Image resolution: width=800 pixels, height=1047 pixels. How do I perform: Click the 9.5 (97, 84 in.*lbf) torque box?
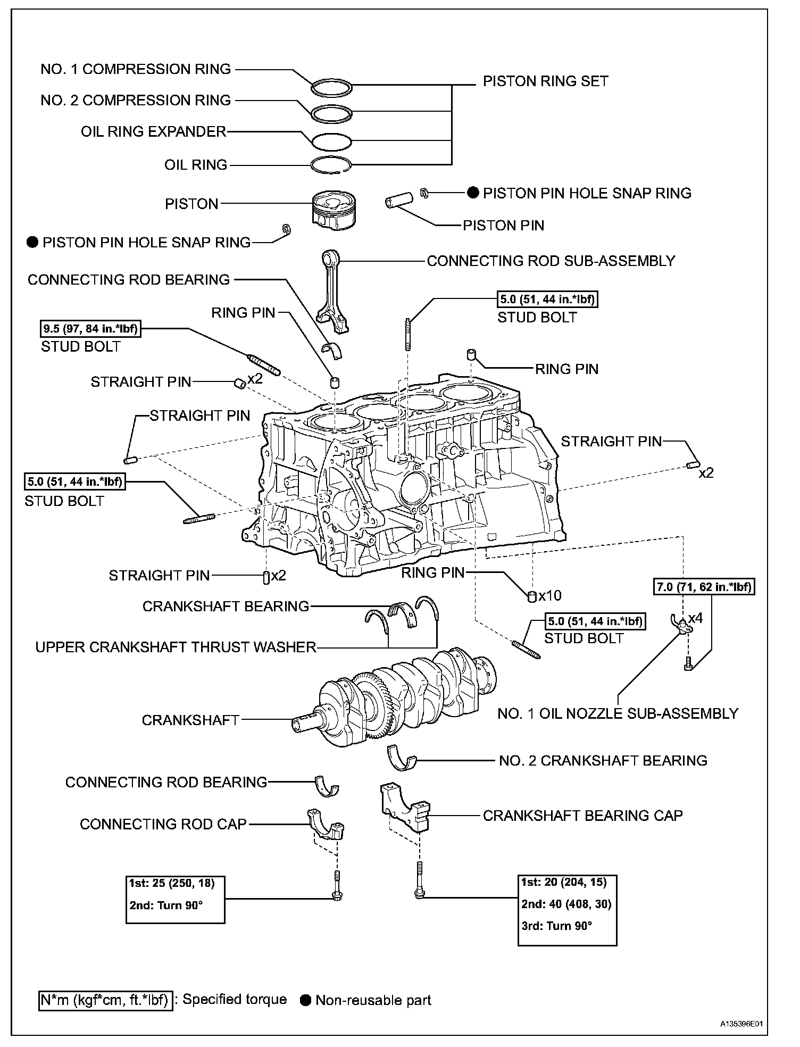(x=90, y=329)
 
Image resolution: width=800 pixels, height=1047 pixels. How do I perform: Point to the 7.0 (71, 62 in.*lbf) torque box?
(x=703, y=587)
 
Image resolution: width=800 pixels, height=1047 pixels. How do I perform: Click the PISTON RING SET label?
(x=545, y=81)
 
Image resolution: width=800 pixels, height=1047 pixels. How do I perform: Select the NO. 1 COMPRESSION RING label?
(x=136, y=69)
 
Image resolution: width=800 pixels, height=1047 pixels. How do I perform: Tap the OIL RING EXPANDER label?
(x=154, y=132)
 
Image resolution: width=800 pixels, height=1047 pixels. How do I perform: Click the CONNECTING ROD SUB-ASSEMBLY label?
(x=551, y=261)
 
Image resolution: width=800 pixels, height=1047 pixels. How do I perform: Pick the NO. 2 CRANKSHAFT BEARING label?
(x=603, y=760)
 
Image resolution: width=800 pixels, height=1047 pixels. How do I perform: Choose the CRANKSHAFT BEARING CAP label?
(x=582, y=816)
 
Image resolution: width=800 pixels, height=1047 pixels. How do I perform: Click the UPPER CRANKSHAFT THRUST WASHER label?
(x=176, y=647)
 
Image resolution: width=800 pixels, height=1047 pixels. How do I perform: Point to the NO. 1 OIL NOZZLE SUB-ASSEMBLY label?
(x=618, y=713)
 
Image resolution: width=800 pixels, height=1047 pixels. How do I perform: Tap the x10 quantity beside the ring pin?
(x=550, y=595)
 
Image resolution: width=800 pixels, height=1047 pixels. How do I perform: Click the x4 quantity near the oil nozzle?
(x=695, y=618)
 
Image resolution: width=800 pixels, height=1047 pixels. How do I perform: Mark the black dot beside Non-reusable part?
(x=305, y=1000)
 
